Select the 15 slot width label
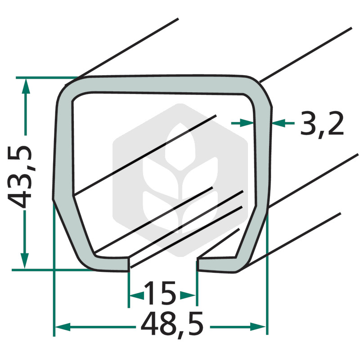coord(160,293)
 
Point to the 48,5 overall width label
coord(172,324)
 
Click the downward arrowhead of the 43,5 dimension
coord(25,261)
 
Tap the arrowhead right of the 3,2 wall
coord(279,123)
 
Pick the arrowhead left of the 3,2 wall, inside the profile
coord(247,123)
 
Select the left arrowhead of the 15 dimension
coord(137,295)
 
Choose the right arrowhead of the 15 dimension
coord(188,295)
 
